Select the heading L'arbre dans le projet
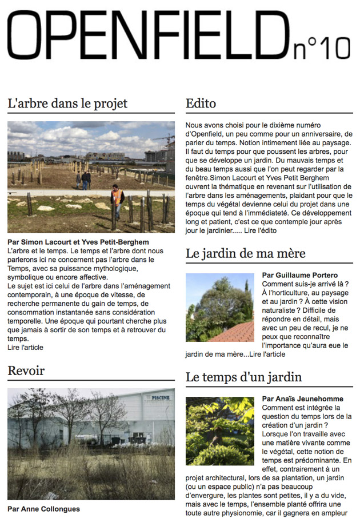[67, 103]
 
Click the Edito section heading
[201, 103]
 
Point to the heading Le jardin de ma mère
[246, 253]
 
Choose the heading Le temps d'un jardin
[244, 377]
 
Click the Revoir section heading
[26, 370]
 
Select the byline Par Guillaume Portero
[299, 276]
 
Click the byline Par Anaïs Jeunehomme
[302, 399]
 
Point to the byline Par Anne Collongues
[43, 509]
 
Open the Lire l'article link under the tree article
[25, 347]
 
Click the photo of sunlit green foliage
[220, 431]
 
